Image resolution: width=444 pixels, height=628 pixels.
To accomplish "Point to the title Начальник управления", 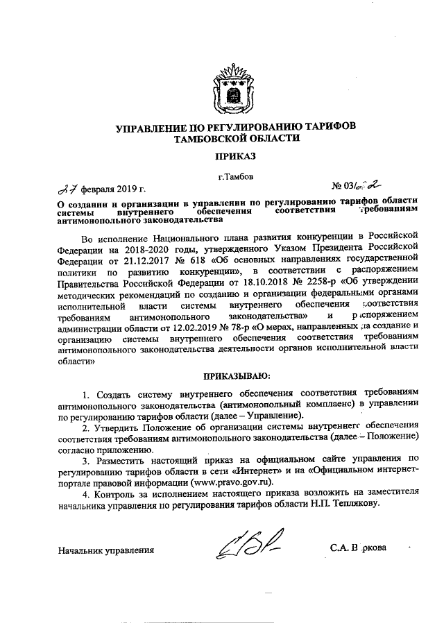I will point(106,550).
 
